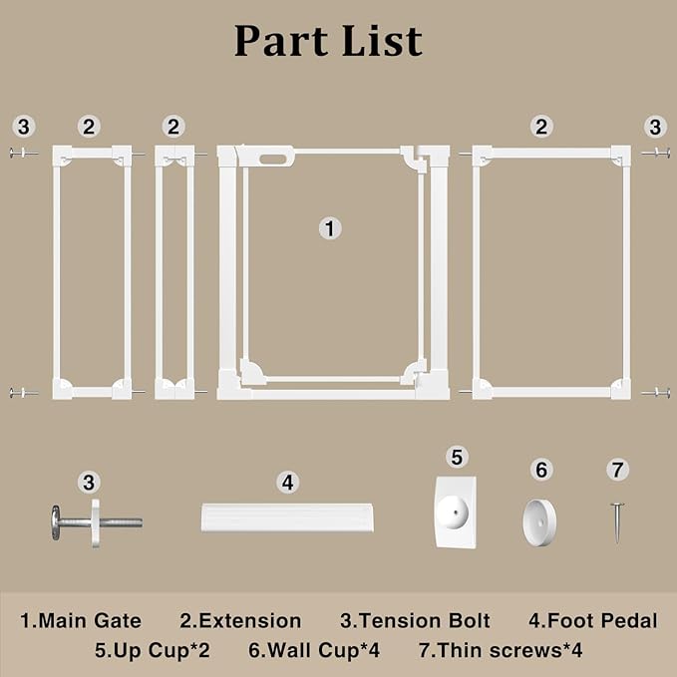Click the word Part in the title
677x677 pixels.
point(280,41)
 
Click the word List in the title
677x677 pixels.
point(382,41)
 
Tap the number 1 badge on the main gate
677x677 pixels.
point(330,228)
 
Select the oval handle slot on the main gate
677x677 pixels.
point(273,160)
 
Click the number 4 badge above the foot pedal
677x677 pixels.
point(288,483)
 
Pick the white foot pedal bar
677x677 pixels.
point(287,517)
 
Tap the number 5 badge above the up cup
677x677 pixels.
point(458,458)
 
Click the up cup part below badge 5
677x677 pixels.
point(456,512)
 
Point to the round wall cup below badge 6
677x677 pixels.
point(539,522)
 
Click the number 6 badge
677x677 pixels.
point(541,470)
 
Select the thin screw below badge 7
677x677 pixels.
point(618,522)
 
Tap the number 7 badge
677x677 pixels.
point(618,470)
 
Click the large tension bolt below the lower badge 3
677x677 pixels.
point(97,522)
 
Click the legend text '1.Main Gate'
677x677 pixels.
point(81,621)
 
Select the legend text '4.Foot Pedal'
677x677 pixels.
point(593,621)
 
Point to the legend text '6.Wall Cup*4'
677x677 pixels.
point(314,650)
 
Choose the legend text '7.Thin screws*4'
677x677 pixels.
point(501,650)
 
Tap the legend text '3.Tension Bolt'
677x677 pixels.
point(415,621)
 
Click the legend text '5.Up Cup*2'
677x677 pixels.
point(153,651)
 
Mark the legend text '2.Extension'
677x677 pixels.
point(240,621)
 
